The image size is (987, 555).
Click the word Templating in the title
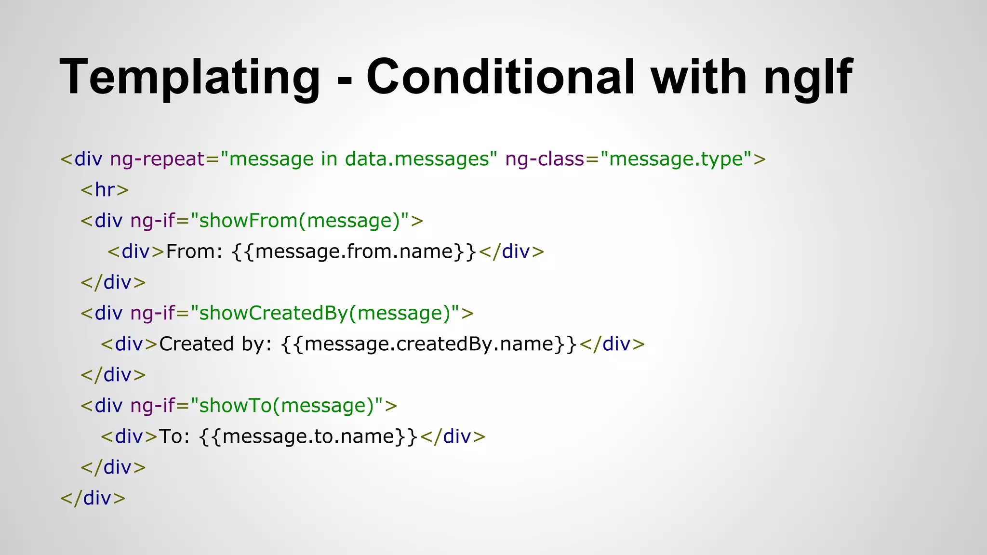190,77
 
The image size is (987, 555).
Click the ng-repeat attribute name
158,159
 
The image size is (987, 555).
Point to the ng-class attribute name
545,159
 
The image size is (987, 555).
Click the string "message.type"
676,159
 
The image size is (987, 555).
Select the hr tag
105,190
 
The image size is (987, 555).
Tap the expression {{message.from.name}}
354,251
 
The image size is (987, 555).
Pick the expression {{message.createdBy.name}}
429,344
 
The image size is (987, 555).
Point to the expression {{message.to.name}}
308,436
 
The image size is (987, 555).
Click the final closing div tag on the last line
93,498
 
